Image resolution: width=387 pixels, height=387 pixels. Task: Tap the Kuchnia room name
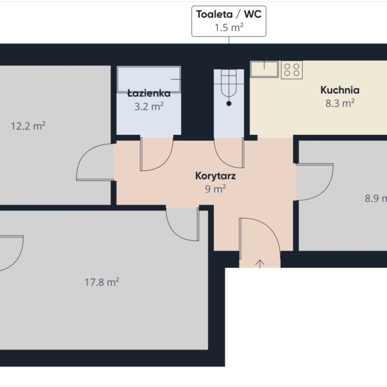pyautogui.click(x=340, y=90)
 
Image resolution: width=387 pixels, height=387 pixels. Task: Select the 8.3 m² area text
pyautogui.click(x=340, y=103)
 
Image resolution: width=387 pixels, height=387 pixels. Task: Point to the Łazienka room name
pyautogui.click(x=149, y=93)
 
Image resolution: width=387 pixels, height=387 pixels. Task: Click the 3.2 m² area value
pyautogui.click(x=149, y=107)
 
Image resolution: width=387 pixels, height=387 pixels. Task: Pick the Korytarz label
pyautogui.click(x=215, y=176)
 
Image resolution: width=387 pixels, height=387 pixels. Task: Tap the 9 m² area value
pyautogui.click(x=215, y=189)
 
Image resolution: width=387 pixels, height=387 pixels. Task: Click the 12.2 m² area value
pyautogui.click(x=28, y=126)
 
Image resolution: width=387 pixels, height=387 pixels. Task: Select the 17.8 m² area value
pyautogui.click(x=102, y=282)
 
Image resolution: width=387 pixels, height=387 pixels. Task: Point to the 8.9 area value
pyautogui.click(x=376, y=198)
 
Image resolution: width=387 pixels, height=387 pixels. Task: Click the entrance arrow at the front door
pyautogui.click(x=259, y=264)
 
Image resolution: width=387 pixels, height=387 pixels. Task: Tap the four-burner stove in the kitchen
pyautogui.click(x=292, y=70)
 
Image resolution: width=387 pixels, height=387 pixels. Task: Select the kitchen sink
pyautogui.click(x=264, y=69)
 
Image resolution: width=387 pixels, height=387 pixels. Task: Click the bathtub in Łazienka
pyautogui.click(x=149, y=79)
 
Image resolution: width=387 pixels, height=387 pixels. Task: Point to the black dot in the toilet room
pyautogui.click(x=229, y=104)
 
